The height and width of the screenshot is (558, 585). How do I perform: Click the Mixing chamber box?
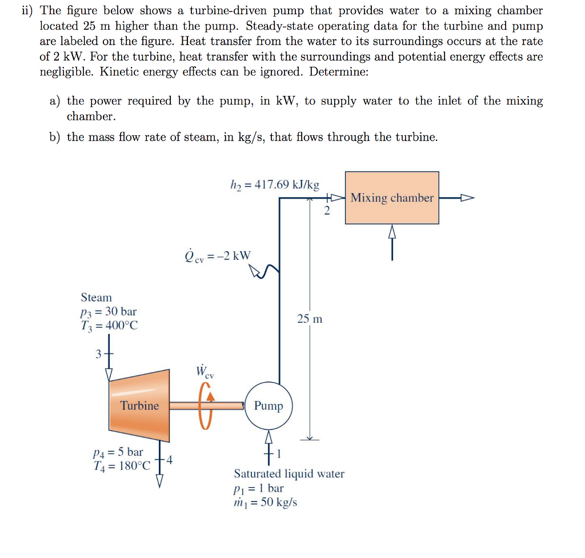coord(392,198)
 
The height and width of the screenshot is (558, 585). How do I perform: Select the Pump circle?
coord(269,406)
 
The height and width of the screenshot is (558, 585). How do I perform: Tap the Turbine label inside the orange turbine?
coord(139,406)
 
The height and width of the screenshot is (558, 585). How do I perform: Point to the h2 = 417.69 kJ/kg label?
coord(275,185)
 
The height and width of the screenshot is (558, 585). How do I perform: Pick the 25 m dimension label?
coord(310,319)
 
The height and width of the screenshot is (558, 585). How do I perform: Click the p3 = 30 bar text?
coord(109,312)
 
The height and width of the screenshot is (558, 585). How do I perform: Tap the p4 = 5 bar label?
coord(118,452)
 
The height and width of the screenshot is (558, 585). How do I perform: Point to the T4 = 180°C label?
coord(122,465)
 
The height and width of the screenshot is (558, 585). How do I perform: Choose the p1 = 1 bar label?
coord(258,488)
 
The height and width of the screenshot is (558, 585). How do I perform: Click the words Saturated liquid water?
coord(289,474)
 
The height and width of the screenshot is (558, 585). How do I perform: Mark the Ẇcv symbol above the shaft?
coord(204,372)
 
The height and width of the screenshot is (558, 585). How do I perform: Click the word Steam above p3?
coord(97,298)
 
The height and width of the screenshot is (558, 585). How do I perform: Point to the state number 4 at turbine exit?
coord(170,459)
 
